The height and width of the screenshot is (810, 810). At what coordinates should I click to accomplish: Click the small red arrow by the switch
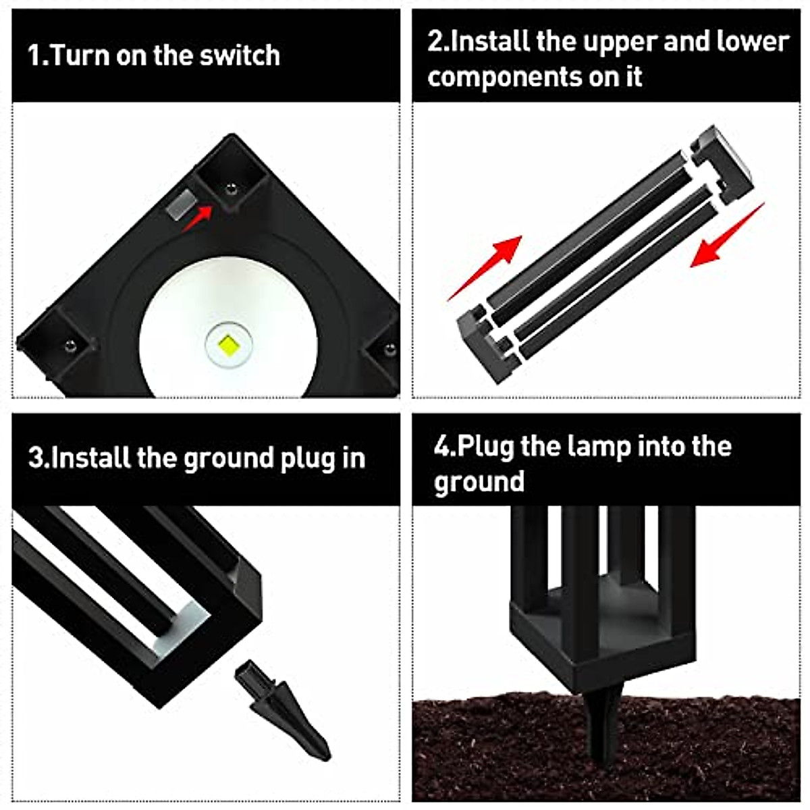tap(198, 218)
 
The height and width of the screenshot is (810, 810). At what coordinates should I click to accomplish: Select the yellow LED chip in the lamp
tap(228, 346)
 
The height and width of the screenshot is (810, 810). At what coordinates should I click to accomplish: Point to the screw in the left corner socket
tap(69, 347)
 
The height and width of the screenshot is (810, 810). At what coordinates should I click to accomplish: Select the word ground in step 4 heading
tap(479, 482)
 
